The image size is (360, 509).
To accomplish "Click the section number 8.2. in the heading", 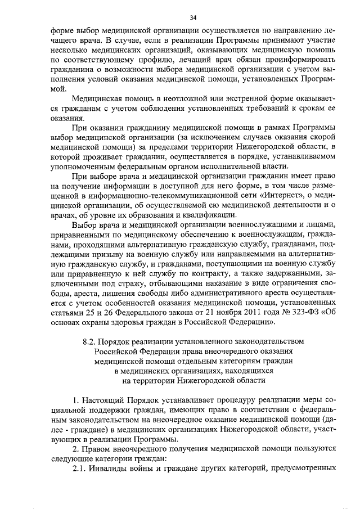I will (x=89, y=340).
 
